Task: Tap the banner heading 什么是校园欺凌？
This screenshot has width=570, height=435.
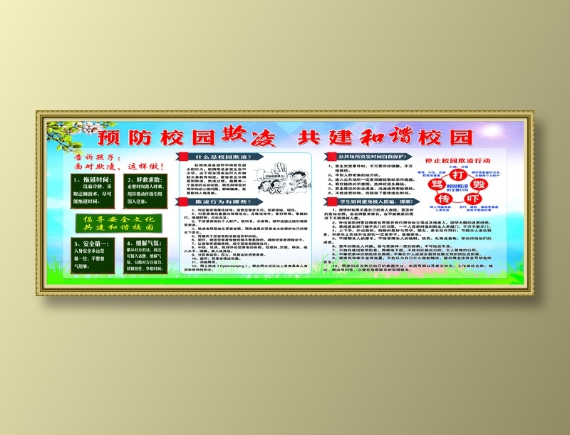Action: (223, 157)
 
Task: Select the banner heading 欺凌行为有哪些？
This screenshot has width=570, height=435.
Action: (223, 201)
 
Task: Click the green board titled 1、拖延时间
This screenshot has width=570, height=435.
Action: (95, 189)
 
